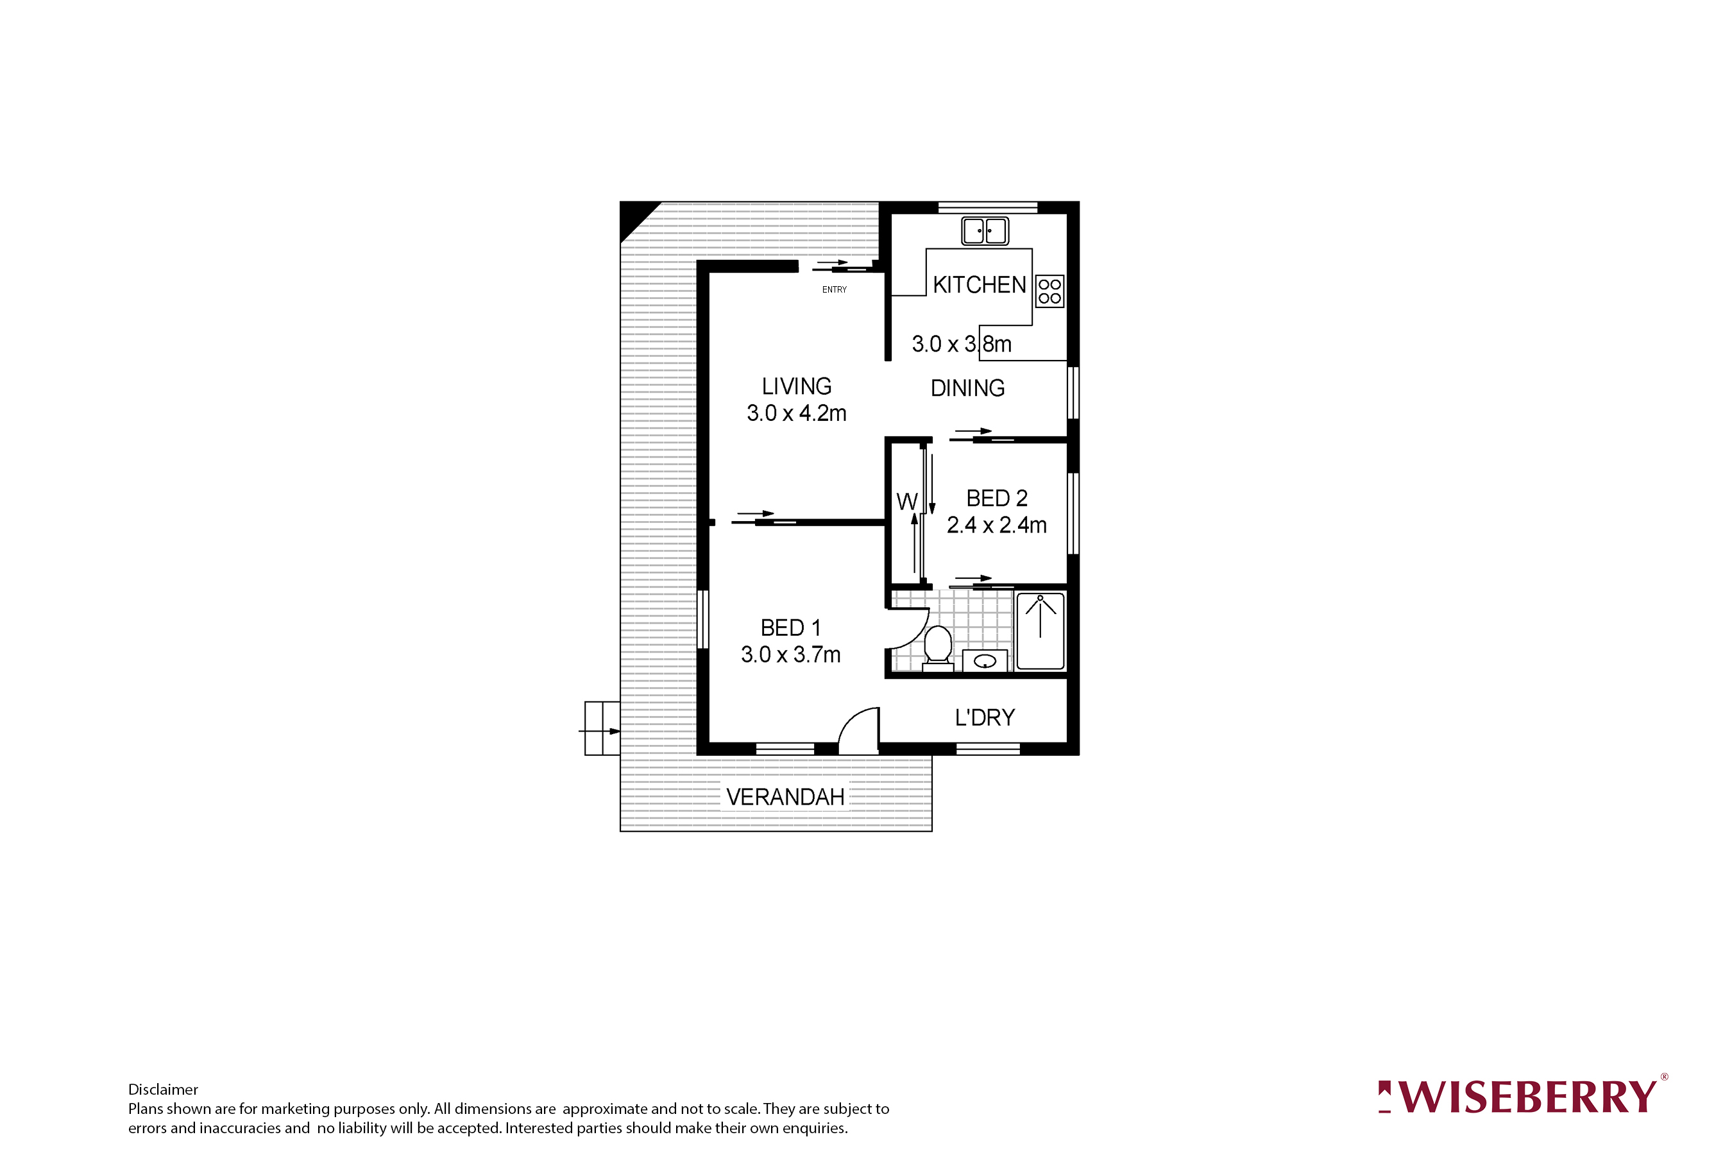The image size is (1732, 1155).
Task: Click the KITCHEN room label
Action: coord(979,285)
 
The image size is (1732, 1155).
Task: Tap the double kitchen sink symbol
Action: coord(985,230)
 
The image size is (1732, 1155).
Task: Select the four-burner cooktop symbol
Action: coord(1049,291)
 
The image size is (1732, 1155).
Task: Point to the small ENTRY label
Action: coord(835,289)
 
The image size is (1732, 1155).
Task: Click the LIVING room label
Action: coord(796,386)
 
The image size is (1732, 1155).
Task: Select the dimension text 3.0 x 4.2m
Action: coord(796,413)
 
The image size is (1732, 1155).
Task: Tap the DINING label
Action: coord(967,388)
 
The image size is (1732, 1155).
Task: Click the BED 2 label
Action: coord(996,499)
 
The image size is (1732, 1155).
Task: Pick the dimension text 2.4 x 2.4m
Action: coord(996,525)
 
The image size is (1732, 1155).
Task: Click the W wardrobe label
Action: coord(906,502)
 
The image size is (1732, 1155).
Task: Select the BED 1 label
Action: coord(790,628)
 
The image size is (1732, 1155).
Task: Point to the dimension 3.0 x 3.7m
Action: coord(790,654)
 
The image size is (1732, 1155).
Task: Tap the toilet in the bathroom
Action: coord(937,646)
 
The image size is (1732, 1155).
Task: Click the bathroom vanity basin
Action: coord(985,661)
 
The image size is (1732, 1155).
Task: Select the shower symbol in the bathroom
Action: coord(1040,631)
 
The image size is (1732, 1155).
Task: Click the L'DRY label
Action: coord(985,717)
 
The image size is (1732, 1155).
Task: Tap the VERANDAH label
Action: coord(785,797)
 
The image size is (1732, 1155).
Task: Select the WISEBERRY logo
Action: coord(1522,1097)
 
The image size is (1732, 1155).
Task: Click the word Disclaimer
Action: coord(163,1090)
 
